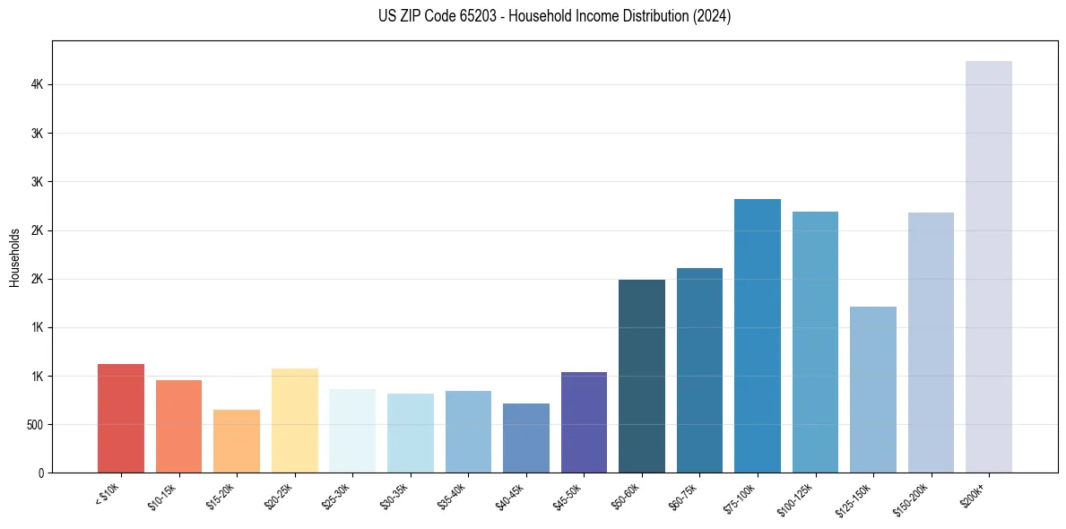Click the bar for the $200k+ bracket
pyautogui.click(x=988, y=269)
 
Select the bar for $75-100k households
pyautogui.click(x=757, y=336)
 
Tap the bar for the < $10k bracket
pyautogui.click(x=121, y=419)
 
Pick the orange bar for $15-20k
pyautogui.click(x=237, y=441)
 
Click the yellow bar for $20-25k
pyautogui.click(x=294, y=421)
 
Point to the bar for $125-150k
pyautogui.click(x=872, y=390)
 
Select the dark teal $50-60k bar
pyautogui.click(x=641, y=377)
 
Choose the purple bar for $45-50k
pyautogui.click(x=584, y=422)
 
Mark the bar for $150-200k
pyautogui.click(x=931, y=343)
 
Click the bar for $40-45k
pyautogui.click(x=525, y=438)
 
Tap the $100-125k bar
pyautogui.click(x=815, y=343)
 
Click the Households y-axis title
pyautogui.click(x=14, y=257)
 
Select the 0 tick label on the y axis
pyautogui.click(x=41, y=473)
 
